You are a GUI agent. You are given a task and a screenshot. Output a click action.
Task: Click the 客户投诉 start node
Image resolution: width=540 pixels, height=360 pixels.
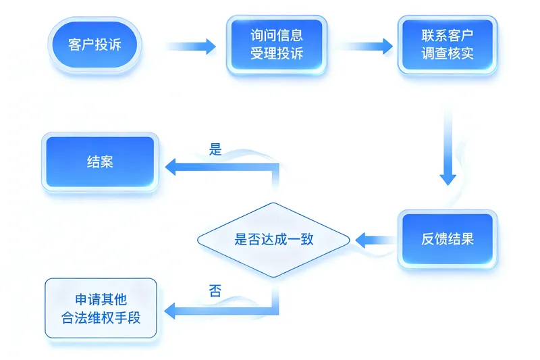coord(94,46)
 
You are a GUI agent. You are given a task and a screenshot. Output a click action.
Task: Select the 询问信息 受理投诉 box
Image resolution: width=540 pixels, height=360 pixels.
coord(277,45)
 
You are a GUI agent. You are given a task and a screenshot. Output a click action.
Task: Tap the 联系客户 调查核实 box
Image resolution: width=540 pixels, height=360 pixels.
coord(448,45)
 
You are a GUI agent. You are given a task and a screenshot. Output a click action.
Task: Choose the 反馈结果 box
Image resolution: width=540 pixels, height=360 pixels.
coord(448,239)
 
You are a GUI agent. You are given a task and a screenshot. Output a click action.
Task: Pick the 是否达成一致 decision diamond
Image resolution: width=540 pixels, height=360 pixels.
coord(273,239)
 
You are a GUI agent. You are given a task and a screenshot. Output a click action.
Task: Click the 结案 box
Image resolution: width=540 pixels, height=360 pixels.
coord(100,161)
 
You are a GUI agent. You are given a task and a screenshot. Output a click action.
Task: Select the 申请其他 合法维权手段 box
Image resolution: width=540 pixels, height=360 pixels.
coord(101,308)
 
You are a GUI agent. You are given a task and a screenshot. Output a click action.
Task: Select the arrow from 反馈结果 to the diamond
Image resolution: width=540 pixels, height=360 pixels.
coord(375,239)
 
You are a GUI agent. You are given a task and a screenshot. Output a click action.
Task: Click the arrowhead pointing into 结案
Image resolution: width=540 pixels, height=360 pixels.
coord(172,166)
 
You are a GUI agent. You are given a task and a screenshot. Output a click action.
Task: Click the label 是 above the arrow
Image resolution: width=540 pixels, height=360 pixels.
coord(215,150)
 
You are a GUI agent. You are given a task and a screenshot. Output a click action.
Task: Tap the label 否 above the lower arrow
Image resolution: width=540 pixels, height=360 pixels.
coord(215,292)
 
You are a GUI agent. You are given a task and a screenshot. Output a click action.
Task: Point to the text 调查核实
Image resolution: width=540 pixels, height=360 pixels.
coord(448,53)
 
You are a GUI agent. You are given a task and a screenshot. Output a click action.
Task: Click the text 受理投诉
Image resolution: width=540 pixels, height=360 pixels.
coord(277,53)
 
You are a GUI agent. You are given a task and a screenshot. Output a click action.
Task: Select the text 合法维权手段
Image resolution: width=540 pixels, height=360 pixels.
coord(101,317)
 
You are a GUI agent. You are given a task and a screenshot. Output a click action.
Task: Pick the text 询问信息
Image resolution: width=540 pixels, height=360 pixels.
coord(277,36)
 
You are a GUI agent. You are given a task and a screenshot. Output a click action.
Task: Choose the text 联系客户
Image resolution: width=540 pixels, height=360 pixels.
coord(448,36)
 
